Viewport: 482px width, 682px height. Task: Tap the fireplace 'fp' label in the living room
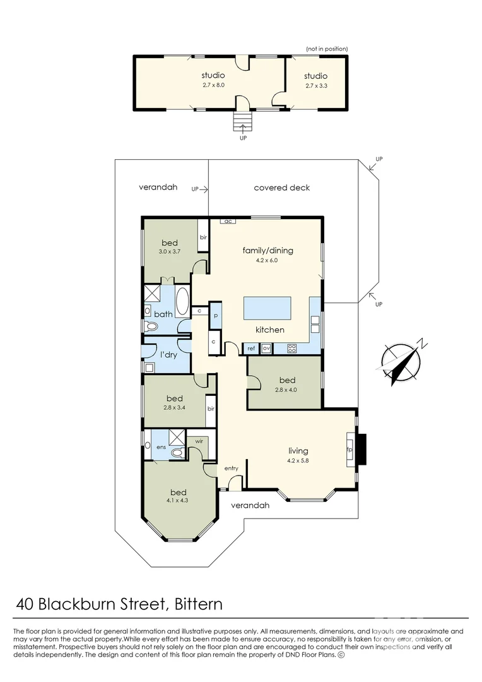tap(350, 450)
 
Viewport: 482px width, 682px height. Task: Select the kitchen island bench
tap(267, 308)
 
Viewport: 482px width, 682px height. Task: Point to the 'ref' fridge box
tap(251, 349)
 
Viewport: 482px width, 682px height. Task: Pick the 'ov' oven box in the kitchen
tap(266, 349)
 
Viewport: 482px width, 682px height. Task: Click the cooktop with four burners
tap(291, 349)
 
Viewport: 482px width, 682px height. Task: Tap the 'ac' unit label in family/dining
tap(227, 222)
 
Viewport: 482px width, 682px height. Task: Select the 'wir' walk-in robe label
tap(199, 441)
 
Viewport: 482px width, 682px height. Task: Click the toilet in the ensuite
tap(177, 453)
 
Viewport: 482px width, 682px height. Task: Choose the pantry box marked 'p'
tap(215, 315)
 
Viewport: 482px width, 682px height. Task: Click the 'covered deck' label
tap(281, 188)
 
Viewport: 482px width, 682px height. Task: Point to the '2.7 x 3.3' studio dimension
tap(316, 86)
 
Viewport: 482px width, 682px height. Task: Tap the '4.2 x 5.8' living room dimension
tap(298, 460)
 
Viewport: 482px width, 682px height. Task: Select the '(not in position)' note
tap(327, 49)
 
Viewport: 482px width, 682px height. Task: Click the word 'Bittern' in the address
tap(198, 604)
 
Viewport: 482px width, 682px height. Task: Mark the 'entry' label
tap(231, 469)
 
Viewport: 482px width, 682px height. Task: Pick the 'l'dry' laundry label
tap(168, 355)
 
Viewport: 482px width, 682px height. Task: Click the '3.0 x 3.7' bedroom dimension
tap(170, 251)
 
